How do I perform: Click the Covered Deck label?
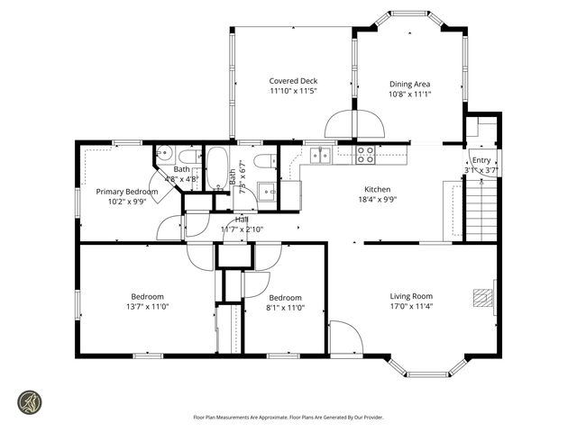point(293,81)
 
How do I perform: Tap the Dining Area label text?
point(409,84)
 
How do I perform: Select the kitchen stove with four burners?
point(365,154)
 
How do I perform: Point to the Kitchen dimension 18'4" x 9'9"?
point(377,200)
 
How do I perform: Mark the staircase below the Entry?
point(482,209)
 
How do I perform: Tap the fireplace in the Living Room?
point(486,299)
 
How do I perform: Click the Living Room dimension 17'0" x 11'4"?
point(411,307)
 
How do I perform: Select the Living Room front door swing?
point(345,337)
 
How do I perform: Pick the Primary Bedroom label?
point(127,192)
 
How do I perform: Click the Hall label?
point(242,219)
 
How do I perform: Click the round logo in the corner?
point(31,400)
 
